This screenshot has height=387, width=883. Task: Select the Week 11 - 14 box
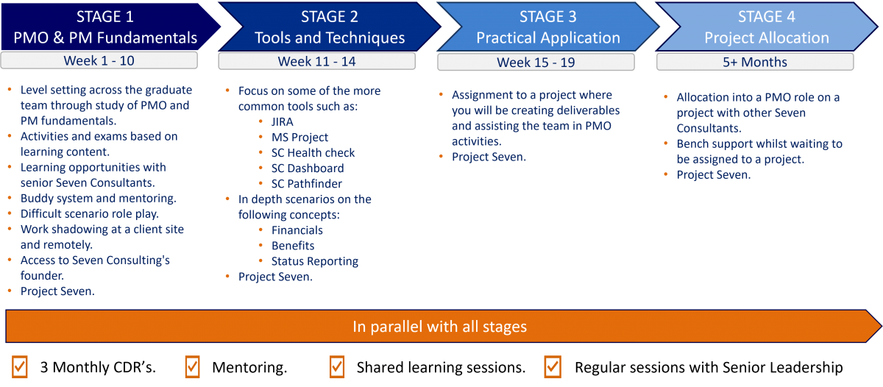coord(317,61)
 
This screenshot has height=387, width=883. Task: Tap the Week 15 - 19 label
coord(536,63)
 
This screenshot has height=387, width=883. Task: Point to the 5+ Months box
coord(755,63)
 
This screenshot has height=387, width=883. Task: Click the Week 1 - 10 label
coord(99,60)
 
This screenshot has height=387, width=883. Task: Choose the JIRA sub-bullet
coord(283,122)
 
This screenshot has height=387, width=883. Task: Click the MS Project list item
coord(299,138)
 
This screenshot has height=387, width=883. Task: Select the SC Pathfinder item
coord(307,184)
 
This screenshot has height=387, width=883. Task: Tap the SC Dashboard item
coord(308,168)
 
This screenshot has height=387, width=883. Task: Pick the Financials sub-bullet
coord(297,230)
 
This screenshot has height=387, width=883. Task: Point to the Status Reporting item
coord(315,261)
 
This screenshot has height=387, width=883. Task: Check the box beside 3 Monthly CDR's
coord(20,366)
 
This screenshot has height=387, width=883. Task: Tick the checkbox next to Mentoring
coord(193,366)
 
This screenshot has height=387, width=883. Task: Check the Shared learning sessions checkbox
coord(337,366)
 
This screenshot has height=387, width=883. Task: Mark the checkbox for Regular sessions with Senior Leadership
coord(553,366)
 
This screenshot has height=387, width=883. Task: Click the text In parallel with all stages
coord(439,327)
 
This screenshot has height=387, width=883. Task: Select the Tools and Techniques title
coord(330,38)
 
